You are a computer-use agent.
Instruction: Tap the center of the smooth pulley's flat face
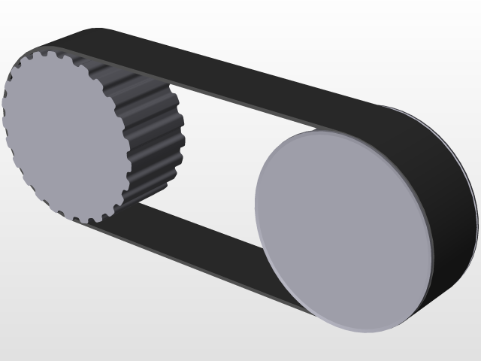[344, 229]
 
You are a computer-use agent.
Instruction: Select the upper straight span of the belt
[248, 83]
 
